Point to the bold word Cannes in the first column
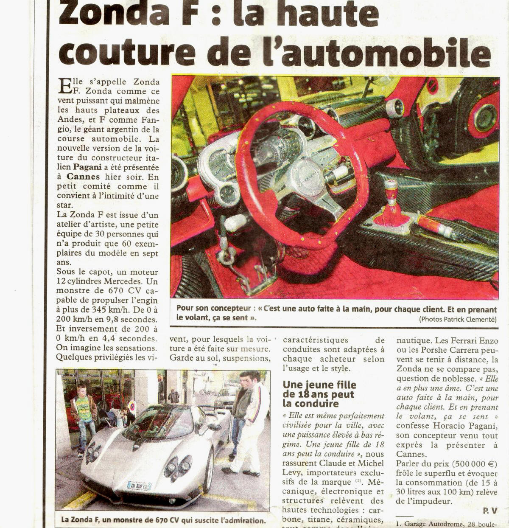click(x=83, y=177)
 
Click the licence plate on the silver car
click(x=139, y=486)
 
